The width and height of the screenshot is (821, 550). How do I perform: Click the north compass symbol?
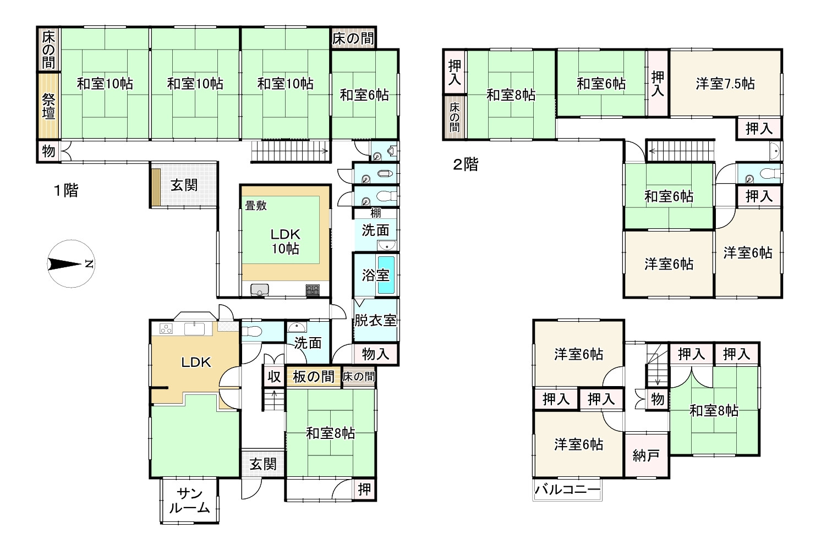[70, 265]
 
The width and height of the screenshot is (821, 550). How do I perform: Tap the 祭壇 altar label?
[48, 106]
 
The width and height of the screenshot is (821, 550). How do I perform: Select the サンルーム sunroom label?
[189, 501]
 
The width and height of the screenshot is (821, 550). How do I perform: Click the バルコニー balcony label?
[567, 489]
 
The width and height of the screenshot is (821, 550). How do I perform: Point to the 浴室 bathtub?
[386, 275]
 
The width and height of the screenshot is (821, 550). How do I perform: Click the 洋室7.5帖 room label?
[725, 84]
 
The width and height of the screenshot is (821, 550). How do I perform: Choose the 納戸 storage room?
[646, 455]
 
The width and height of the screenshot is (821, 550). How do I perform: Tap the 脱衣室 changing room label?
[375, 320]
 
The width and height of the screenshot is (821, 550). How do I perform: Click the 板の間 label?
[313, 377]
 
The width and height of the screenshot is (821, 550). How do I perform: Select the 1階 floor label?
[65, 191]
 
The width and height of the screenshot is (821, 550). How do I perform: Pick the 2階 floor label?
[466, 164]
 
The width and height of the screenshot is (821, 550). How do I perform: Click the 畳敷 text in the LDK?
[256, 205]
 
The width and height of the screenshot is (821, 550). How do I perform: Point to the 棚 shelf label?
[376, 213]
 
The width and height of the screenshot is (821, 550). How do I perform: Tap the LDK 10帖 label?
[285, 241]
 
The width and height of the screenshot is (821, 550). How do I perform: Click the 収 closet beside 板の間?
[274, 377]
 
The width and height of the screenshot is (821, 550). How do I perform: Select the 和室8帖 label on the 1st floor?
[330, 433]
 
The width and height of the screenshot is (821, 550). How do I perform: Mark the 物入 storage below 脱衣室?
[375, 354]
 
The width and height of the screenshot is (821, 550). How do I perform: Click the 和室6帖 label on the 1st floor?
[364, 95]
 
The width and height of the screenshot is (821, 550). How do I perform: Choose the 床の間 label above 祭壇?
[48, 50]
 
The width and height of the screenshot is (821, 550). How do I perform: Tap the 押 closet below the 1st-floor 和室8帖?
[364, 489]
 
